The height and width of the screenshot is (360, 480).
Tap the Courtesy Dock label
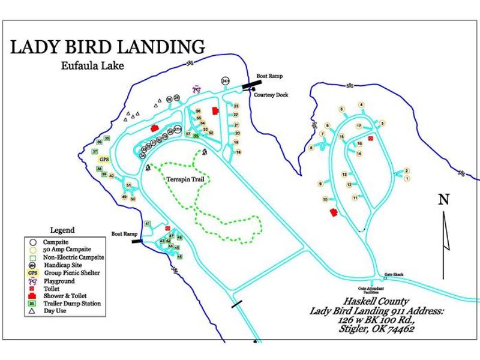point(268,95)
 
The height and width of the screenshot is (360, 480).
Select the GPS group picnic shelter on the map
point(104,160)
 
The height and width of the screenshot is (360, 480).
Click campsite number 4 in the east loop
point(361,105)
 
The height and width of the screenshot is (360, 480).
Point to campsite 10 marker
point(325,199)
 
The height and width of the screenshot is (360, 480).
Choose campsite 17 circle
point(359,126)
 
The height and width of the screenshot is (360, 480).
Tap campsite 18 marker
point(238,152)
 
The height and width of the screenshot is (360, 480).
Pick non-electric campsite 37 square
point(95,152)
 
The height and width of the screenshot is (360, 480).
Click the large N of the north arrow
point(443,200)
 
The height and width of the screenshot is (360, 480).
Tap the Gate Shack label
point(394,275)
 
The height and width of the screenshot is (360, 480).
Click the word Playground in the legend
point(59,281)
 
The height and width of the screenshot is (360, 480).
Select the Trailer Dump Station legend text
point(73,304)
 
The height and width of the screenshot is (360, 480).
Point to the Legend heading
point(62,230)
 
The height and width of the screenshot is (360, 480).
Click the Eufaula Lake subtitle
point(92,66)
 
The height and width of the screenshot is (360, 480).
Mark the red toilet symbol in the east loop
point(371,139)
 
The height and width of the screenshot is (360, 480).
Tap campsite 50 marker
point(133,199)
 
